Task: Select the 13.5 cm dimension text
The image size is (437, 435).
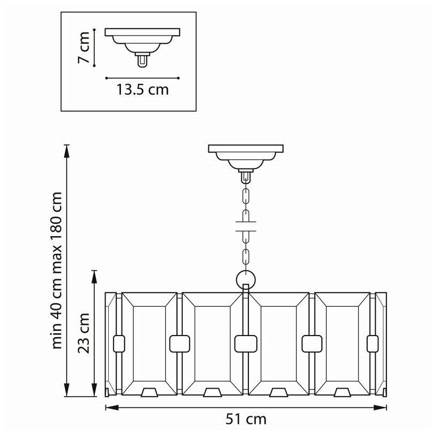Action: click(142, 89)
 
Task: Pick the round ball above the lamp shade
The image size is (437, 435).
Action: click(246, 279)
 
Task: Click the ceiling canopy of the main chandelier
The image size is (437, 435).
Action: click(246, 155)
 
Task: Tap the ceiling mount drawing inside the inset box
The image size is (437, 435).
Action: click(142, 43)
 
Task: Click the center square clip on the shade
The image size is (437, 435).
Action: click(246, 344)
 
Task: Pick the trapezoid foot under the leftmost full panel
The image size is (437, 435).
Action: click(149, 392)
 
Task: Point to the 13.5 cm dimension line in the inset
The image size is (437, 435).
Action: click(142, 77)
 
